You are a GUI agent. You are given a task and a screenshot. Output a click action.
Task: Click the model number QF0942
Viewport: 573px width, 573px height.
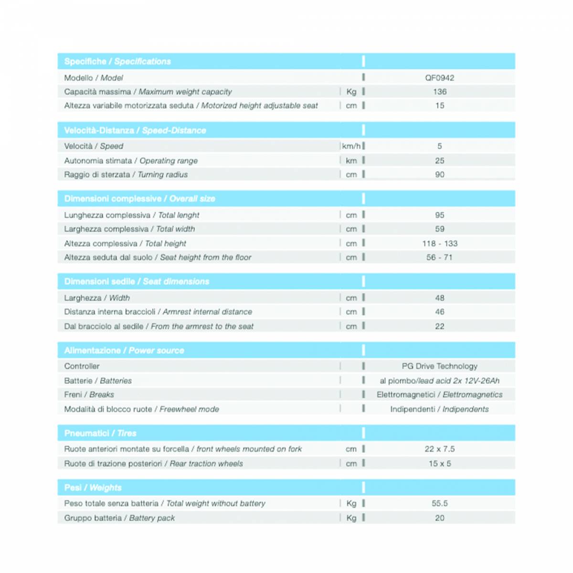439,78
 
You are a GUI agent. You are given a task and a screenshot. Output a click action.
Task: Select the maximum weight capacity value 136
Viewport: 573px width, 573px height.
439,92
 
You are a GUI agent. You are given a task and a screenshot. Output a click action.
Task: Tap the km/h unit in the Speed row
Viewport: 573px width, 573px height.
351,146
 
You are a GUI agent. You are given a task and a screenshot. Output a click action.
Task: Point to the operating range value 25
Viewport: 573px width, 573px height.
439,161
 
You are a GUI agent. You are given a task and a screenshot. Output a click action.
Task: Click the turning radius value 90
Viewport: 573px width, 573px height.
439,175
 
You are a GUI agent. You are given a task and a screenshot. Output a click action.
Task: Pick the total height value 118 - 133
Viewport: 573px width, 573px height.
439,244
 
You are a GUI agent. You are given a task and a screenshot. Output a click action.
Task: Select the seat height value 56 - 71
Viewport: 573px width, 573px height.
439,257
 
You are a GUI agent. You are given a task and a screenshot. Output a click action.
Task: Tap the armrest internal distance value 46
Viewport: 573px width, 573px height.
439,312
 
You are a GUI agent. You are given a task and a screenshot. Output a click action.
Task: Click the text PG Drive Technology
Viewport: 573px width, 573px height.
439,366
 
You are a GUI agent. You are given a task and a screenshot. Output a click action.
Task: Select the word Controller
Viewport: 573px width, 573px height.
82,366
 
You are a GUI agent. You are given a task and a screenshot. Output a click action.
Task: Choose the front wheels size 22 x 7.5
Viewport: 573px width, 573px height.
439,449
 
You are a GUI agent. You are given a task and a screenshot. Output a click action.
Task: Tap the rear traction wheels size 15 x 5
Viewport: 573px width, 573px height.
439,463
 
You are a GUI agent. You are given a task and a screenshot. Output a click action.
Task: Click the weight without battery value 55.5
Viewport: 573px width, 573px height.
439,503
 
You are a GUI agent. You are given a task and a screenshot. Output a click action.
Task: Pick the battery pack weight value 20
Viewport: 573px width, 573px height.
439,518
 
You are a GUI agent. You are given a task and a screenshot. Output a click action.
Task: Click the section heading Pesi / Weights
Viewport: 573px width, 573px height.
93,488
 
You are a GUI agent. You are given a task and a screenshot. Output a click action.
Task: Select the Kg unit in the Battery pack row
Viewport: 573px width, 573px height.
351,518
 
